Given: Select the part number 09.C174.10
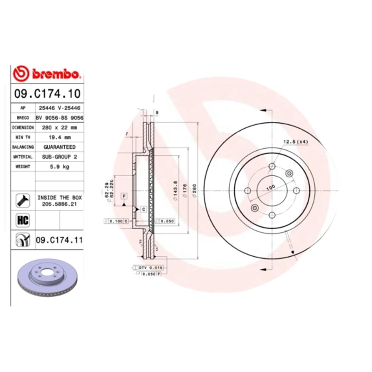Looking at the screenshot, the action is pyautogui.click(x=47, y=94).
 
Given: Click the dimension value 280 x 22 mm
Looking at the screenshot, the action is pyautogui.click(x=59, y=127).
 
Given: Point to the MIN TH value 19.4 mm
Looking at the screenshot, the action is pyautogui.click(x=59, y=137).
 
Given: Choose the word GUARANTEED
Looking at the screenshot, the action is pyautogui.click(x=59, y=147).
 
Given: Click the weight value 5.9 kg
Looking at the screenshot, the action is pyautogui.click(x=59, y=166).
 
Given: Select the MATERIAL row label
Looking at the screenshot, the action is pyautogui.click(x=23, y=157).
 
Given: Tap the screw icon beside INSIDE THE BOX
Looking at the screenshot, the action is pyautogui.click(x=23, y=200).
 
